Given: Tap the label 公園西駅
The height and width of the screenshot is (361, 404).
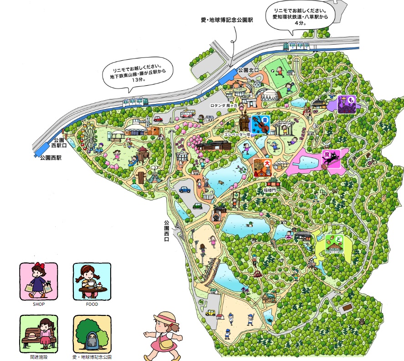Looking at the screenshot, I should coord(51,157).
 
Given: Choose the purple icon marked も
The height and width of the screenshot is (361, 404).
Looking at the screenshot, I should coord(347,104).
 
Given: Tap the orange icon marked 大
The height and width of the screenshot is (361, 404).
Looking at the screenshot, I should coord(263,167).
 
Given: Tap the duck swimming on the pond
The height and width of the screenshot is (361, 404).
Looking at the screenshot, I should coord(250,224).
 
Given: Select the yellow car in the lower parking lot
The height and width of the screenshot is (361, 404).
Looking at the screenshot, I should coord(210,313).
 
